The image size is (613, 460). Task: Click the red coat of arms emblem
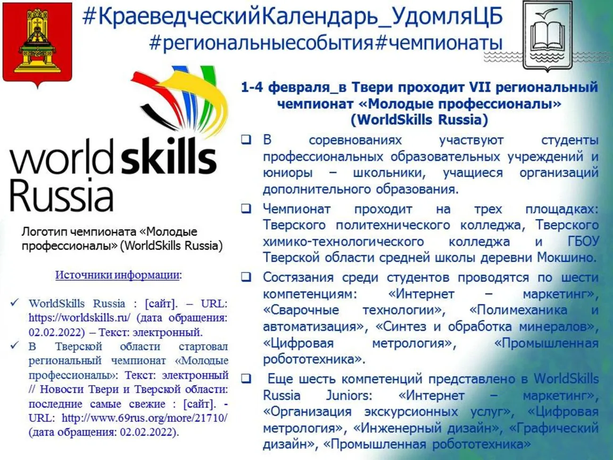point(37,43)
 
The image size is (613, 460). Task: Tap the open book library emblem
point(547,35)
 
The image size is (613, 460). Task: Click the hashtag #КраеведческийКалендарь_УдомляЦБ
point(292,17)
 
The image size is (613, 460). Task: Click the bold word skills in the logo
point(168,157)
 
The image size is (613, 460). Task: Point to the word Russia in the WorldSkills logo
point(61,194)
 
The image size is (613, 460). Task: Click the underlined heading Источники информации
point(118,275)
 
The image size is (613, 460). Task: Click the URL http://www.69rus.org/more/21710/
point(144,418)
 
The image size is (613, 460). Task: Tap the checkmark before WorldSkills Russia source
point(15,303)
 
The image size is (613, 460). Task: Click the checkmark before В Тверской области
point(15,346)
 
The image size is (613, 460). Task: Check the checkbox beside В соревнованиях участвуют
point(246,140)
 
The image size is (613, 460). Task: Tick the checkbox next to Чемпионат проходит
point(246,209)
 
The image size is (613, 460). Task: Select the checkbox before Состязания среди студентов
point(246,277)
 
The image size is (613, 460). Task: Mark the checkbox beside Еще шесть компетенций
point(246,378)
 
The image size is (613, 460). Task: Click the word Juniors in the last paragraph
point(349,395)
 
